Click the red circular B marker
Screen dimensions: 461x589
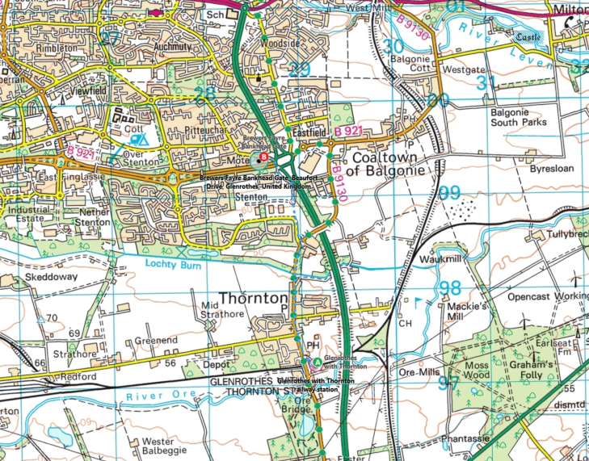(x=264, y=155)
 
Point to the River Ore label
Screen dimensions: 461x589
(x=169, y=396)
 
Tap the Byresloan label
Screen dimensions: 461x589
(x=553, y=171)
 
